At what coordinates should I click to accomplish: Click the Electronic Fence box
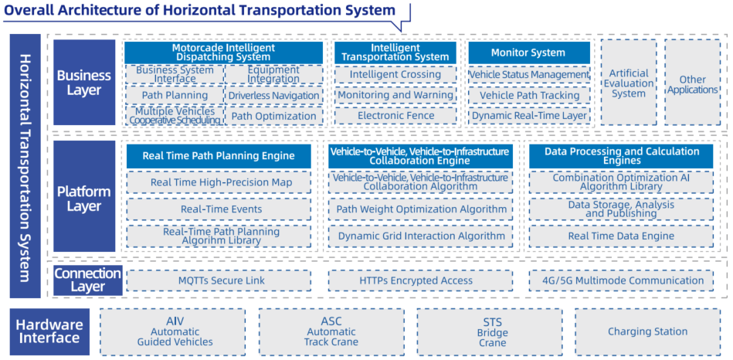click(395, 115)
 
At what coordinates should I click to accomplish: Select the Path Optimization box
click(274, 115)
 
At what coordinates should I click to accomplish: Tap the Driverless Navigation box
click(274, 95)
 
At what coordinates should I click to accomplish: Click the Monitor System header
click(528, 53)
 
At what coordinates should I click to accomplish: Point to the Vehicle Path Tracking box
click(528, 95)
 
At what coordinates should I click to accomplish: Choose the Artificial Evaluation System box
click(629, 83)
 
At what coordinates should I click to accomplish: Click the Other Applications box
click(692, 83)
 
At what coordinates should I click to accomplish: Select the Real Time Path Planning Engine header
click(219, 156)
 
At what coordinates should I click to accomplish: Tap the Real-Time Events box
click(219, 209)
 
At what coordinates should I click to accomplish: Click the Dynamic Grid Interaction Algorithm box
click(421, 236)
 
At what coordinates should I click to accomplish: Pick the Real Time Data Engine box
click(621, 236)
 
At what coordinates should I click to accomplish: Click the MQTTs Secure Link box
click(219, 280)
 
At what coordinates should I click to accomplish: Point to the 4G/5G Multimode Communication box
click(621, 280)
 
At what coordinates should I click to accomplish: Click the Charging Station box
click(647, 331)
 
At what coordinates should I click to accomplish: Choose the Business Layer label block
click(84, 83)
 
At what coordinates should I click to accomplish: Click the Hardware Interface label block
click(49, 331)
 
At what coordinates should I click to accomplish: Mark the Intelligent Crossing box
click(395, 74)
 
